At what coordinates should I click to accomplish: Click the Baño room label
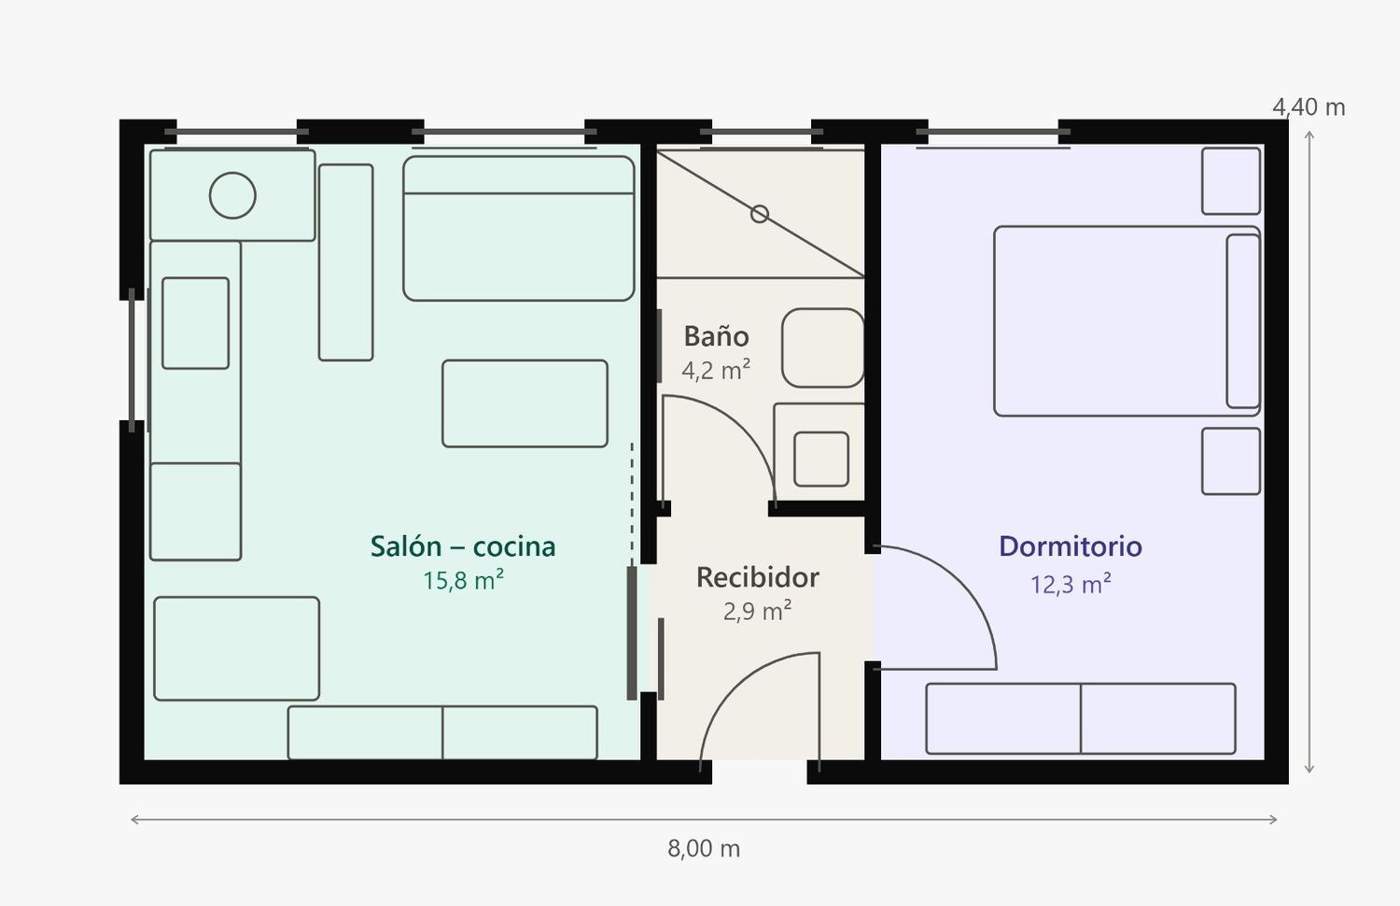tap(716, 335)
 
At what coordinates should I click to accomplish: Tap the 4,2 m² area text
tap(716, 370)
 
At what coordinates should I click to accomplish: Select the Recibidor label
tap(758, 577)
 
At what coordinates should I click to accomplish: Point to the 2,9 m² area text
tap(758, 611)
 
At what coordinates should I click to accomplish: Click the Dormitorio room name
tap(1071, 545)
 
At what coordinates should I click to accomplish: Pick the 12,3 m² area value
tap(1071, 584)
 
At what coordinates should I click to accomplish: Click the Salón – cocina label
tap(463, 545)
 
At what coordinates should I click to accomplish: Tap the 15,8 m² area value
tap(463, 580)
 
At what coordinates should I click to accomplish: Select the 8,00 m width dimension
tap(704, 848)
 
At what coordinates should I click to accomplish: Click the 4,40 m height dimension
tap(1309, 107)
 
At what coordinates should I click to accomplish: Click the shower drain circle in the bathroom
tap(760, 215)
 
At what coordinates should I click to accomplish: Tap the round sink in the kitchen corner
tap(232, 195)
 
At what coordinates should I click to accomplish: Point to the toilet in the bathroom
tap(823, 347)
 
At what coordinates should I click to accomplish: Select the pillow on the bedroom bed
tap(1243, 321)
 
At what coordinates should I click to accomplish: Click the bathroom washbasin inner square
tap(821, 459)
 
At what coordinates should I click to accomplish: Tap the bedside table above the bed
tap(1231, 181)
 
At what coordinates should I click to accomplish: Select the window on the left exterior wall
tap(132, 361)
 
